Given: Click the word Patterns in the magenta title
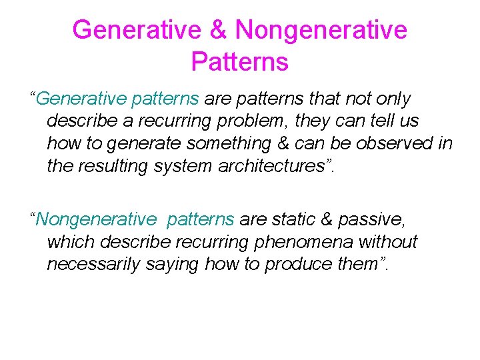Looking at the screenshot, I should click(x=239, y=61).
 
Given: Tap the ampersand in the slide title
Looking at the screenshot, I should click(x=218, y=29).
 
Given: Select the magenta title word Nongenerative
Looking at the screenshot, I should click(x=321, y=29).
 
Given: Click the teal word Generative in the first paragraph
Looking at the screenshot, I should click(x=82, y=99).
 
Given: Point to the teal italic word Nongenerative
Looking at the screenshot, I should click(x=97, y=219).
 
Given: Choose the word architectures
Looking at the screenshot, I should click(x=278, y=165).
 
